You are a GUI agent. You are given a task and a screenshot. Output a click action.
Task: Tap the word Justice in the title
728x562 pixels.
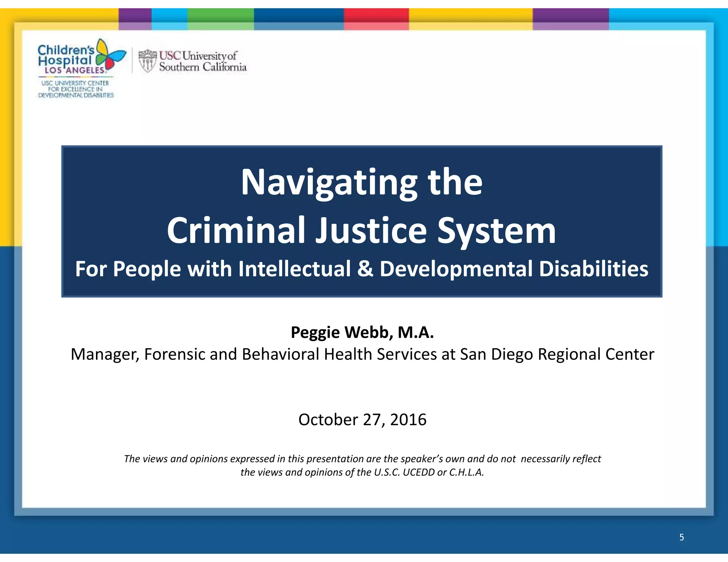(x=371, y=231)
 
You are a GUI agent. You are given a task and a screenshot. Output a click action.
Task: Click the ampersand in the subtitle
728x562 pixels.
(x=365, y=269)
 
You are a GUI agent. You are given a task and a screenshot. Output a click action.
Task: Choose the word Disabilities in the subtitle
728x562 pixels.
(x=593, y=269)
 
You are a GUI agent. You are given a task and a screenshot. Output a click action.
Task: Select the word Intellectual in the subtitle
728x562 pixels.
(x=294, y=269)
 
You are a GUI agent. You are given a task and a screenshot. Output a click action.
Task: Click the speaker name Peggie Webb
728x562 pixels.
(x=342, y=333)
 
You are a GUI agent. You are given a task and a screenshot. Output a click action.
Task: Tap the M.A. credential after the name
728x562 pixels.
(x=416, y=333)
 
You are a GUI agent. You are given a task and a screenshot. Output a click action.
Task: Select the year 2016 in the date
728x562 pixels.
(x=408, y=420)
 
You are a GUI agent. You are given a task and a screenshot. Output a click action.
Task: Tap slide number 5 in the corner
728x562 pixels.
(x=681, y=537)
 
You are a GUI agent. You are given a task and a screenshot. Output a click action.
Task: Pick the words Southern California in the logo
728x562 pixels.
(x=203, y=67)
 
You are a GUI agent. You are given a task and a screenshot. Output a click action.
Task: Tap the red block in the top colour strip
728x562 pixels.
(x=376, y=19)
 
